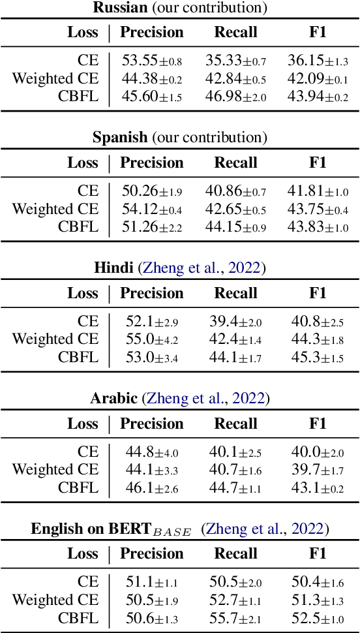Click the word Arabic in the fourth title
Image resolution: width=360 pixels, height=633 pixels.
pyautogui.click(x=113, y=398)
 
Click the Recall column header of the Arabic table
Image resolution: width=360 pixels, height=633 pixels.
pyautogui.click(x=235, y=424)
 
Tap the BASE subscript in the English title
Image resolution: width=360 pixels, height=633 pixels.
pyautogui.click(x=172, y=532)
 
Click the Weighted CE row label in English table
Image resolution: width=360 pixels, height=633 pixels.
pyautogui.click(x=55, y=600)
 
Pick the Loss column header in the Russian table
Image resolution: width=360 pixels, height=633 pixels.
pyautogui.click(x=83, y=33)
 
